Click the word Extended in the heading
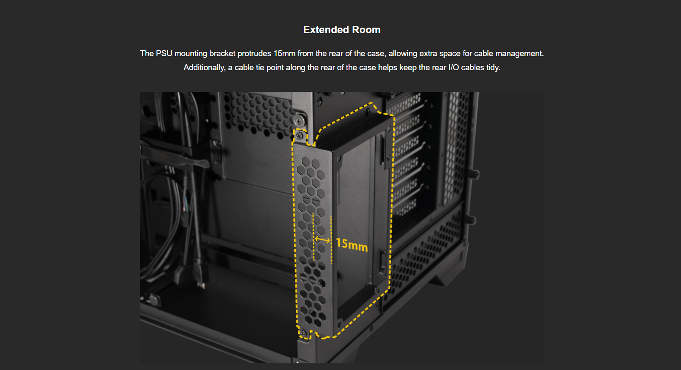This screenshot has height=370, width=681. pyautogui.click(x=326, y=30)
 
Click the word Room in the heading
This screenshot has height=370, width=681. pyautogui.click(x=366, y=30)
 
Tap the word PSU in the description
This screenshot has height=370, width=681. pyautogui.click(x=164, y=54)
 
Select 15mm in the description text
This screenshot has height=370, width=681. pyautogui.click(x=284, y=54)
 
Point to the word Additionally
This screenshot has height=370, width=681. pyautogui.click(x=204, y=68)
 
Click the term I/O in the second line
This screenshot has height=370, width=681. pyautogui.click(x=454, y=68)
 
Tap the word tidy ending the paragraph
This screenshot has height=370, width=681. pyautogui.click(x=493, y=68)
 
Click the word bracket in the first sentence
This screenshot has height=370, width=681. pyautogui.click(x=222, y=54)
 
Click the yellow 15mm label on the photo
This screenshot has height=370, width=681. pyautogui.click(x=352, y=245)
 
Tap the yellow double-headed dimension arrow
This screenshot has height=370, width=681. pyautogui.click(x=322, y=240)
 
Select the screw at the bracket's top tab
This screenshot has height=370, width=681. pyautogui.click(x=300, y=136)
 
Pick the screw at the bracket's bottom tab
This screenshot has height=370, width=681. pyautogui.click(x=303, y=334)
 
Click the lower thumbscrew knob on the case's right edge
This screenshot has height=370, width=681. pyautogui.click(x=471, y=219)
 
